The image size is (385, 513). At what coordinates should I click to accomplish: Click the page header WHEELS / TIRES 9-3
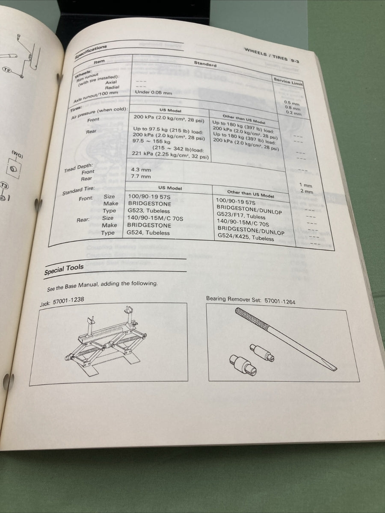(271, 55)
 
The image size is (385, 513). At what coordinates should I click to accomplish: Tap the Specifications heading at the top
(91, 51)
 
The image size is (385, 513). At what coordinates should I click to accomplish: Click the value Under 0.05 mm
(153, 92)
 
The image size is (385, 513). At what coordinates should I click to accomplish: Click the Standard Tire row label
(80, 191)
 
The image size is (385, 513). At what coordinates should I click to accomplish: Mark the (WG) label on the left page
(17, 154)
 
